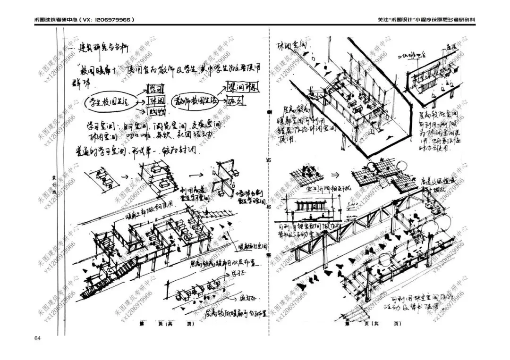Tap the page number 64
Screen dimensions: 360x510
pyautogui.click(x=38, y=338)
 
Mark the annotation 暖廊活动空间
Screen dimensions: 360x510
pyautogui.click(x=253, y=246)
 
